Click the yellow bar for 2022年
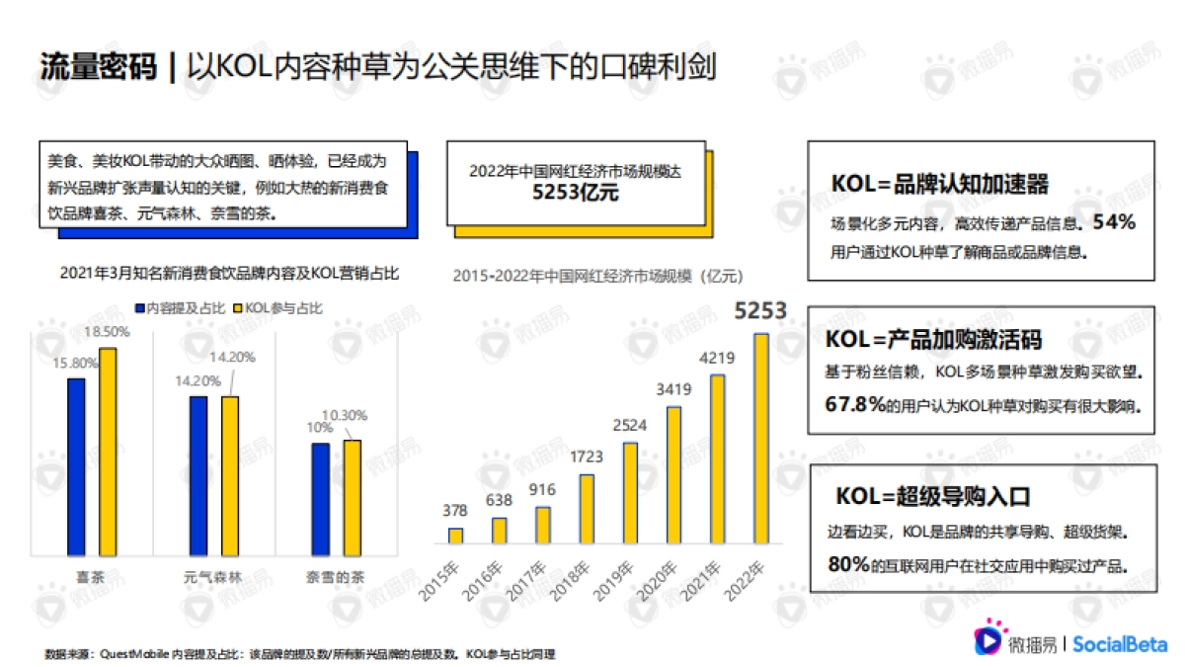(760, 439)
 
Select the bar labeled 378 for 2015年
(455, 536)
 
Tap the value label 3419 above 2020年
(673, 389)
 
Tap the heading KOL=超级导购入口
(933, 496)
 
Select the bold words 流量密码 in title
(98, 66)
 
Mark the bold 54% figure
(1114, 223)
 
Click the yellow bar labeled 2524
(630, 493)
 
